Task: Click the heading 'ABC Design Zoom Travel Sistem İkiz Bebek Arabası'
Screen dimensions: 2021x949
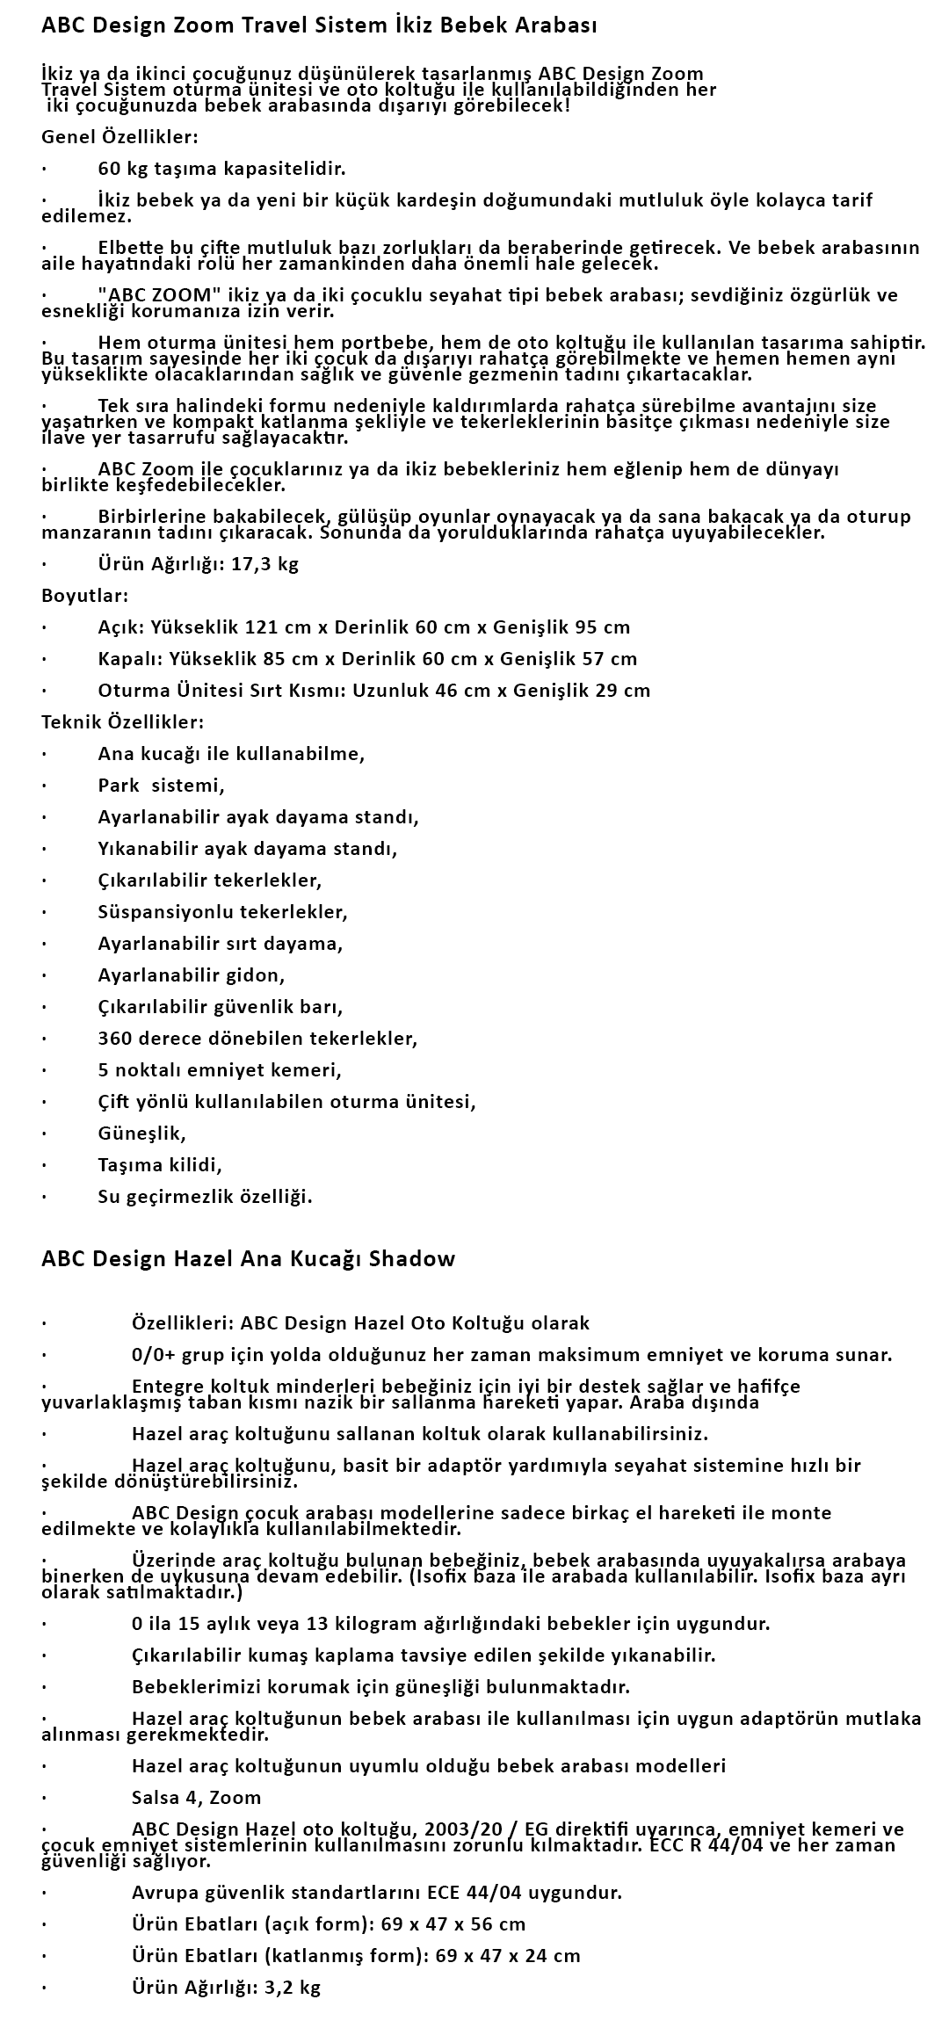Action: [x=319, y=26]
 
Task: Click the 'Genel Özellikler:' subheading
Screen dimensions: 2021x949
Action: [x=120, y=137]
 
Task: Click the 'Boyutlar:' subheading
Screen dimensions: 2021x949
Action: [x=85, y=596]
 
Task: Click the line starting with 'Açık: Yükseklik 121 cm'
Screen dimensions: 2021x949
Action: [x=364, y=627]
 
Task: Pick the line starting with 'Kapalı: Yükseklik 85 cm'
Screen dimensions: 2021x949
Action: [x=367, y=659]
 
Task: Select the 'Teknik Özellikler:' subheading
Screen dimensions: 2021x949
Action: [x=123, y=722]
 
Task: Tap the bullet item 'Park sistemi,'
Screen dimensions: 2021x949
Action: [x=162, y=786]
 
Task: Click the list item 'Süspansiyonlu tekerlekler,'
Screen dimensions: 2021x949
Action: [x=223, y=912]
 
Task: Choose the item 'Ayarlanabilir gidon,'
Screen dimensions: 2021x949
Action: [x=192, y=975]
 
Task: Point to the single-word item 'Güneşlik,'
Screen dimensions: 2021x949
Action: [x=142, y=1134]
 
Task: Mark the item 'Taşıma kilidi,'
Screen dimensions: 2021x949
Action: [x=160, y=1165]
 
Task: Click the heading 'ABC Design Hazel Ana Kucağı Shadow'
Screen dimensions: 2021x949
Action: [x=249, y=1259]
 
